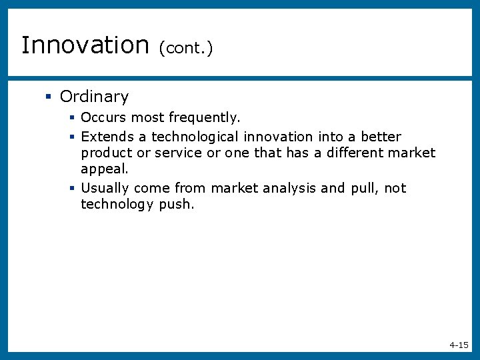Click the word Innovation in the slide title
coord(85,45)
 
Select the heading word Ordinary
coord(94,97)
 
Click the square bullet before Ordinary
coord(48,97)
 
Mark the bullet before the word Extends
coord(71,137)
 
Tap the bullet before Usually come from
coord(71,189)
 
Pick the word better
coord(381,137)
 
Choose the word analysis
coord(289,188)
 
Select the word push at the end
coord(176,205)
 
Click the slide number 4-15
coord(459,345)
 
